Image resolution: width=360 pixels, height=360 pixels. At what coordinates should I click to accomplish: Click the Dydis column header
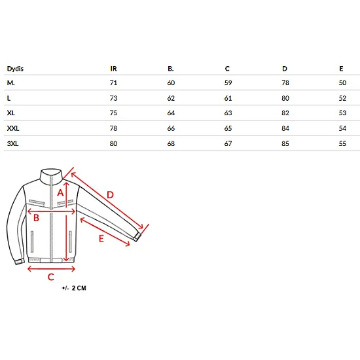pyautogui.click(x=15, y=69)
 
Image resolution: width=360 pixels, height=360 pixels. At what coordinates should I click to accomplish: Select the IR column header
pyautogui.click(x=113, y=69)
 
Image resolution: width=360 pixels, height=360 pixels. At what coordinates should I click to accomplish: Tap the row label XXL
pyautogui.click(x=13, y=128)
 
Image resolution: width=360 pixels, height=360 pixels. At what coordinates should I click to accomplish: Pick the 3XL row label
pyautogui.click(x=12, y=143)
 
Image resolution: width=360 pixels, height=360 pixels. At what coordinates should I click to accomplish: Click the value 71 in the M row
pyautogui.click(x=113, y=82)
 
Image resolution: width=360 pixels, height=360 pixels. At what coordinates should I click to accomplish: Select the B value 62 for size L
pyautogui.click(x=171, y=98)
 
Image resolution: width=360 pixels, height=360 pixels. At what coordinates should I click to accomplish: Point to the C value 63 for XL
pyautogui.click(x=228, y=113)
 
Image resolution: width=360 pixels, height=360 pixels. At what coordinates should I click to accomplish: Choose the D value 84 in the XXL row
pyautogui.click(x=285, y=128)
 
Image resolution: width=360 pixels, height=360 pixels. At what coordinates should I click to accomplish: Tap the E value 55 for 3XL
pyautogui.click(x=342, y=143)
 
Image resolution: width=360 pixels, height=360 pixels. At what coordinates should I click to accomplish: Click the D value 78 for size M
pyautogui.click(x=285, y=82)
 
